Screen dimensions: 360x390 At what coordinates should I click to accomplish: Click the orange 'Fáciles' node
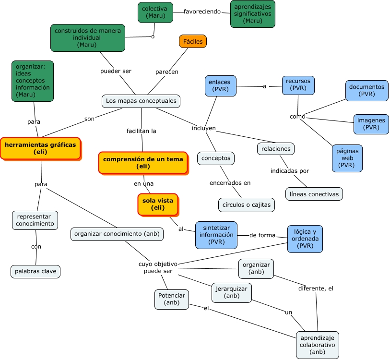pyautogui.click(x=193, y=42)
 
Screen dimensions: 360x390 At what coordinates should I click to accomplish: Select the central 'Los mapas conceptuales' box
pyautogui.click(x=141, y=101)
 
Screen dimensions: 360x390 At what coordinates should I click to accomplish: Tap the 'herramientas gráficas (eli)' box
pyautogui.click(x=40, y=148)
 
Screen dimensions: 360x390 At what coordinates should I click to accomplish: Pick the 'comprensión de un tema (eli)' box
pyautogui.click(x=143, y=163)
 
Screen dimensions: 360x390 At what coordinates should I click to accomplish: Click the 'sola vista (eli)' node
pyautogui.click(x=158, y=204)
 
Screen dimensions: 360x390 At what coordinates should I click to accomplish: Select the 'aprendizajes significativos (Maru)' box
pyautogui.click(x=252, y=13)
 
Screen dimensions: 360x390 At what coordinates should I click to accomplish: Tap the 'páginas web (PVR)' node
pyautogui.click(x=347, y=157)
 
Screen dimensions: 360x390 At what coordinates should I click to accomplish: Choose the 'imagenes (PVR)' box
pyautogui.click(x=371, y=124)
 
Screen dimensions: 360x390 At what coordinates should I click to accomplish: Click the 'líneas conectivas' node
pyautogui.click(x=314, y=194)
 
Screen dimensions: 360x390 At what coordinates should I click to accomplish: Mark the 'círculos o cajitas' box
pyautogui.click(x=247, y=204)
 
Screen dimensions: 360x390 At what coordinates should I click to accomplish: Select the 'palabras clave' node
pyautogui.click(x=35, y=271)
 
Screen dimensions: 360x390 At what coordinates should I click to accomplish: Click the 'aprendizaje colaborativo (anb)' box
pyautogui.click(x=317, y=345)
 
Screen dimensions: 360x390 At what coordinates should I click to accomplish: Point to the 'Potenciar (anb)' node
pyautogui.click(x=171, y=299)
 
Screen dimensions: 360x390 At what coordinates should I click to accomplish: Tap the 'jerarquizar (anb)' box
pyautogui.click(x=232, y=292)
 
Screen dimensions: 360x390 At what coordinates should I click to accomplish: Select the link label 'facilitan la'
pyautogui.click(x=141, y=131)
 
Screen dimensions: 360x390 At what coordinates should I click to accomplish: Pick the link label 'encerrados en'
pyautogui.click(x=230, y=182)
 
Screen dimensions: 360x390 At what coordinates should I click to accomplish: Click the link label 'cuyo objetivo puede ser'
pyautogui.click(x=158, y=267)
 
